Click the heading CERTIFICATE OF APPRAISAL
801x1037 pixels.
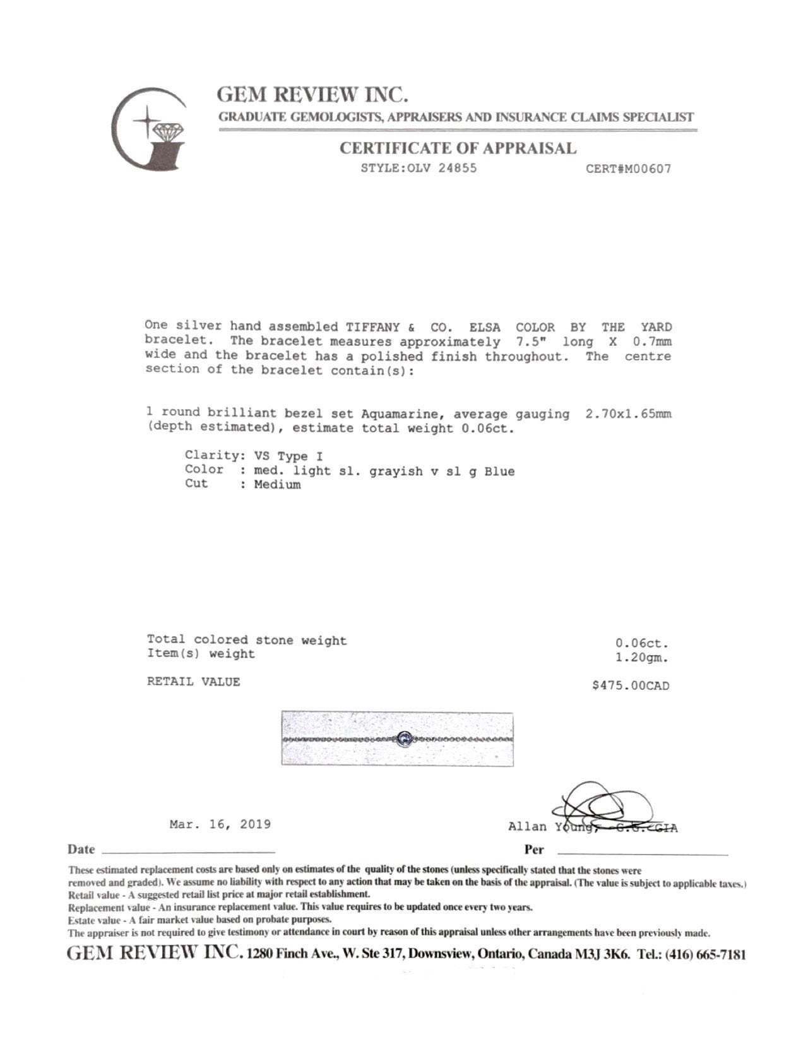(x=458, y=149)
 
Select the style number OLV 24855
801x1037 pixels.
(x=441, y=169)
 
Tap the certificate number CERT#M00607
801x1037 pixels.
(x=628, y=169)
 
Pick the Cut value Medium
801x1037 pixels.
(x=277, y=485)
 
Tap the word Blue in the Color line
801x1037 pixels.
(x=499, y=471)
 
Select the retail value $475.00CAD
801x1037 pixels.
(x=630, y=685)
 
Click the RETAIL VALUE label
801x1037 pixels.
(x=193, y=682)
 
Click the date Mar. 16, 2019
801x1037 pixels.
(x=220, y=824)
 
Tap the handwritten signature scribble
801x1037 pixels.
(x=600, y=805)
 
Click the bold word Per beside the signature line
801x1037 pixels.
(x=533, y=850)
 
